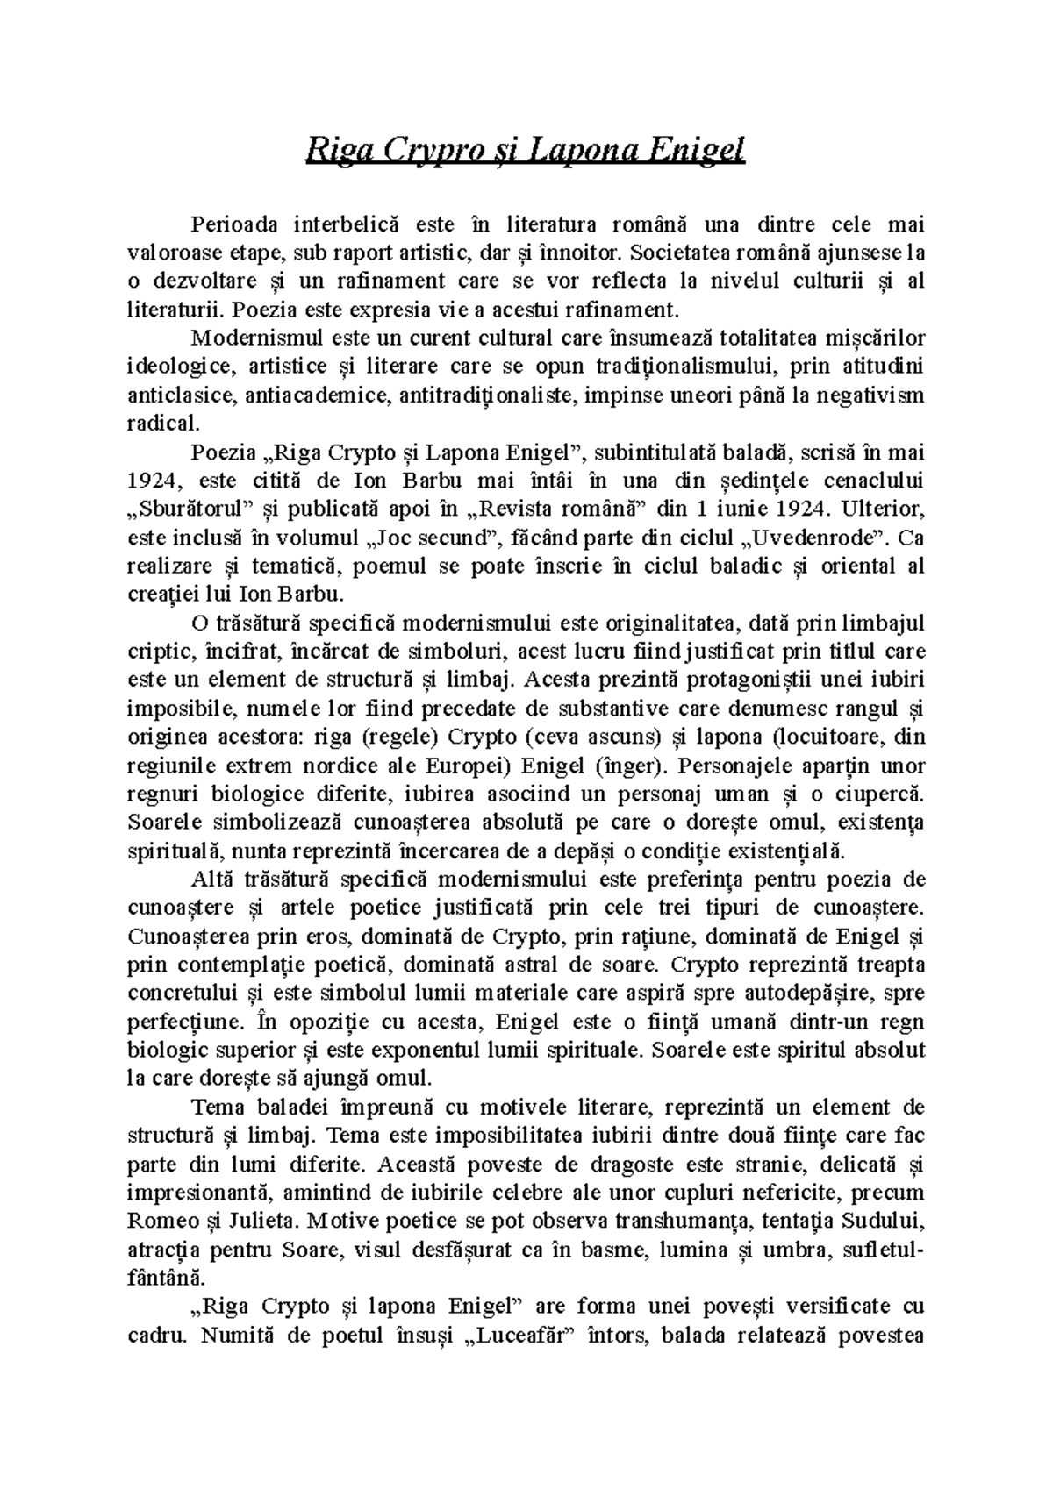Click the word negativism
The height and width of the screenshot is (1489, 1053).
point(870,395)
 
